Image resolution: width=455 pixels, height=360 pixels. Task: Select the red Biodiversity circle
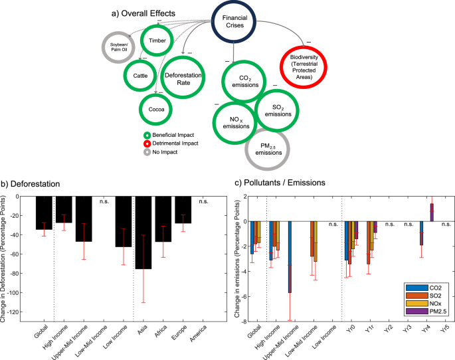pos(306,66)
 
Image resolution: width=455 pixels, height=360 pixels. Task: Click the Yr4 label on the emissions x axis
pos(424,327)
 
